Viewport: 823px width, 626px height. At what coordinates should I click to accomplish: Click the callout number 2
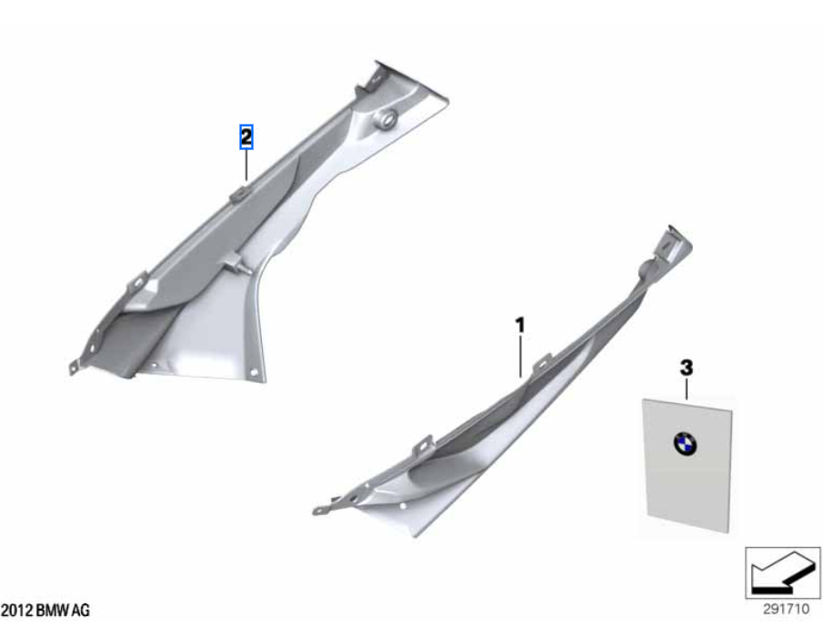tap(246, 137)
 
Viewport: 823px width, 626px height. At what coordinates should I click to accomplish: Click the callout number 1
tap(519, 326)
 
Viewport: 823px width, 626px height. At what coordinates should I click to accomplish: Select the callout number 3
tap(686, 369)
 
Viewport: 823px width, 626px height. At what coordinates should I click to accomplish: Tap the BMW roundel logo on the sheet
tap(685, 444)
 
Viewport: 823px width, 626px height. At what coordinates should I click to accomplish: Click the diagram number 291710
tap(786, 610)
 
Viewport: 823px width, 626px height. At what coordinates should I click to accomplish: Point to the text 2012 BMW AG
tap(45, 611)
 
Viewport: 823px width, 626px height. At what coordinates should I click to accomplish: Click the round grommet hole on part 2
tap(385, 120)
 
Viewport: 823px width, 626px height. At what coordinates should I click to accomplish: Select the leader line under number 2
tap(246, 165)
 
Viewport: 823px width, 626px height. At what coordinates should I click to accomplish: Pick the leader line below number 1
tap(520, 357)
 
